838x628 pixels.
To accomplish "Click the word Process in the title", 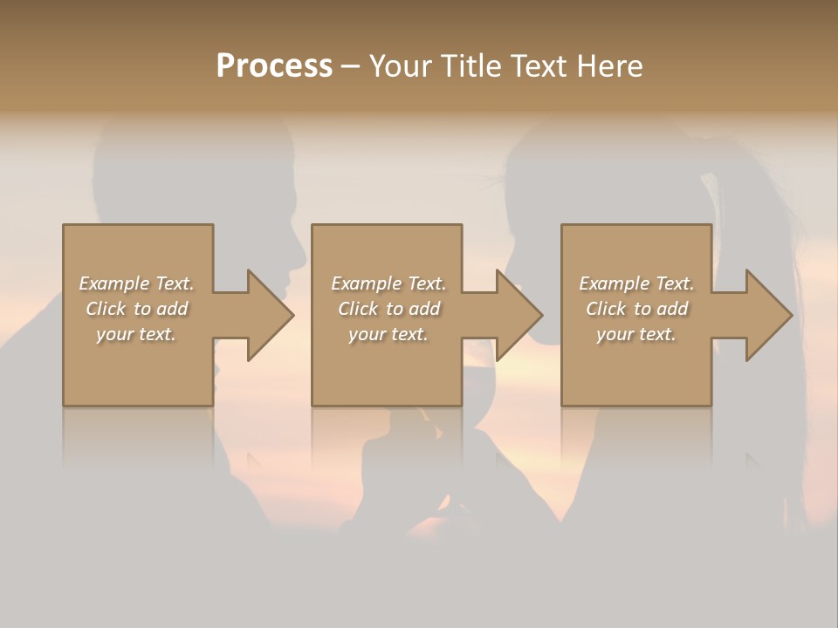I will pos(274,66).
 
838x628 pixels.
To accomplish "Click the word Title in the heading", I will pos(471,66).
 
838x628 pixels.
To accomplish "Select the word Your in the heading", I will pos(402,66).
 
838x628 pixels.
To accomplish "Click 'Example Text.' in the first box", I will pos(136,283).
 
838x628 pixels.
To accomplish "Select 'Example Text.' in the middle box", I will pos(388,283).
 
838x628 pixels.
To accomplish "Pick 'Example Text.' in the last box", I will pos(636,283).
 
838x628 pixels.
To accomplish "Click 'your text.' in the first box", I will pos(136,334).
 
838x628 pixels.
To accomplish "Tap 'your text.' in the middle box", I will pos(388,334).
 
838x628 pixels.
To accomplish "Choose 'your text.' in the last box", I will pos(636,334).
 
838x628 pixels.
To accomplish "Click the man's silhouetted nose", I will pos(300,253).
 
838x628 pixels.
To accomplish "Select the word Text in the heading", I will pos(534,66).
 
